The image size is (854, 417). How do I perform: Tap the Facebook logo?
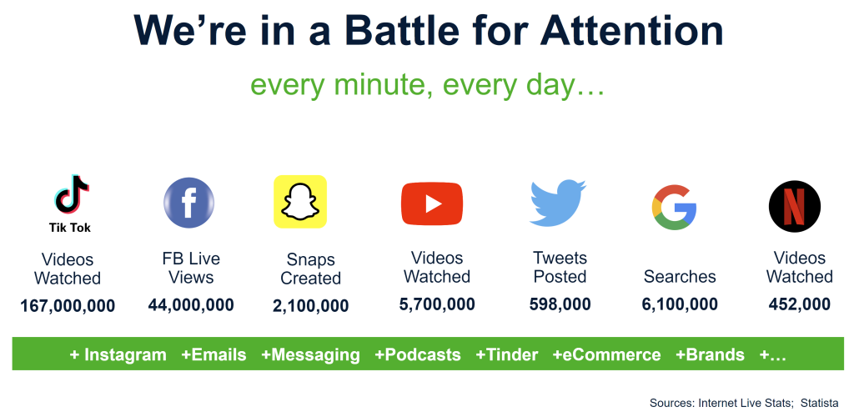click(189, 203)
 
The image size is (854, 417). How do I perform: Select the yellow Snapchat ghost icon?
click(300, 202)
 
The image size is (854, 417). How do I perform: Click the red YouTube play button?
click(432, 203)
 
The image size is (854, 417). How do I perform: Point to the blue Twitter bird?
click(557, 202)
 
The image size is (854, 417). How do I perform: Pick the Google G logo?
click(674, 207)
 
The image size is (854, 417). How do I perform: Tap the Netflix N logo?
click(795, 206)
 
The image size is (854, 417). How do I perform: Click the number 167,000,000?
click(68, 305)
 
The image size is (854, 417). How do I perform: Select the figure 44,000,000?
click(191, 304)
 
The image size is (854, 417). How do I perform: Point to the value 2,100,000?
click(311, 305)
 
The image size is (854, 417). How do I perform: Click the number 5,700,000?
click(437, 304)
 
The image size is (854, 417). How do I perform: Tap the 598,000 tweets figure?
click(560, 304)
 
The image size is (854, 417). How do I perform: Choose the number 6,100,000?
click(680, 304)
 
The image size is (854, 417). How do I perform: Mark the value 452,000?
click(800, 304)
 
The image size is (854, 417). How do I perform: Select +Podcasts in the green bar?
click(418, 355)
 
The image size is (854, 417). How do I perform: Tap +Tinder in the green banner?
click(507, 355)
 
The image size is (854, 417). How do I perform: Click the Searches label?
click(680, 277)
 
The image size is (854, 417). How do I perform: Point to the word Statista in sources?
click(820, 403)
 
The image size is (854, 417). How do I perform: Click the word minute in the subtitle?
click(379, 85)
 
